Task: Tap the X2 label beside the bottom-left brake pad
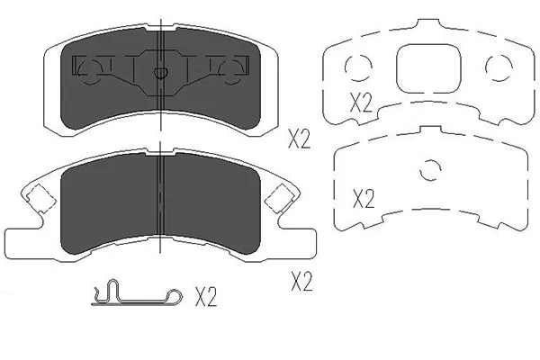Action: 301,283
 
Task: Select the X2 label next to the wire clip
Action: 207,296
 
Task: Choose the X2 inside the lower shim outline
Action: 363,199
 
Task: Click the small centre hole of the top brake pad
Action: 159,74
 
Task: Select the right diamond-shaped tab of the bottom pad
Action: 282,195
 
